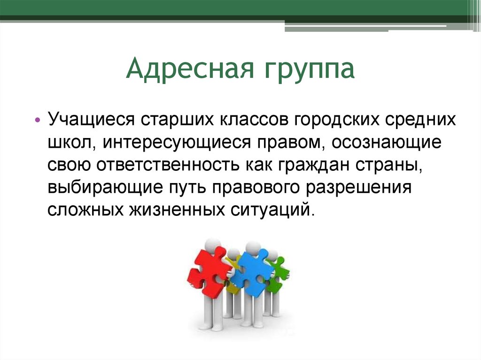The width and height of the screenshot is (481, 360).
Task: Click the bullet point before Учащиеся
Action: coord(38,120)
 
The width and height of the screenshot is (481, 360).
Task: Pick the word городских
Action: coord(337,119)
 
